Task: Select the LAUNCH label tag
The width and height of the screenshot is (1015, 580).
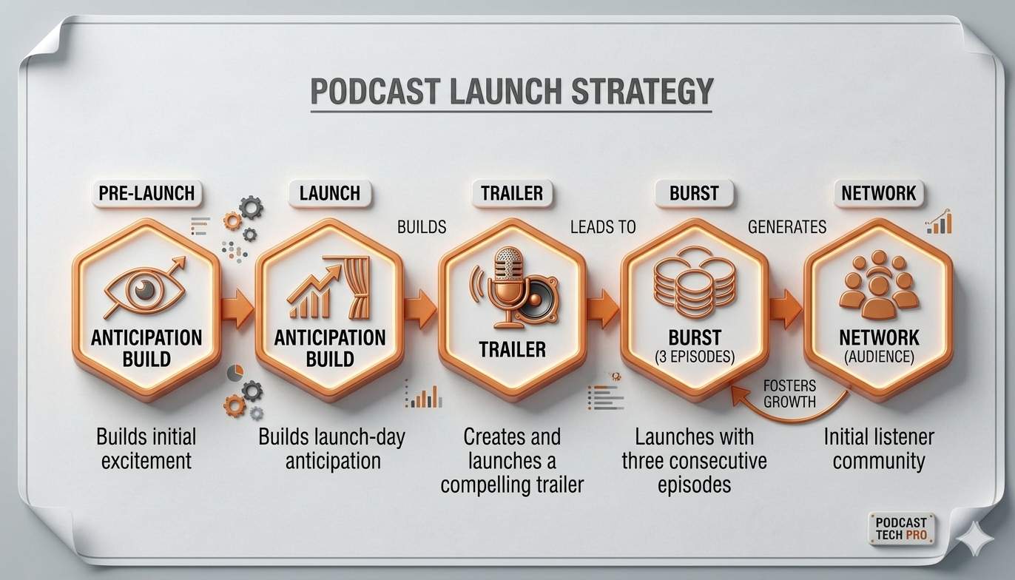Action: click(329, 194)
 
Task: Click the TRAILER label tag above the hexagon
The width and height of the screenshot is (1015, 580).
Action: click(512, 194)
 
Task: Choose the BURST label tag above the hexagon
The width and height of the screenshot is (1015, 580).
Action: click(694, 194)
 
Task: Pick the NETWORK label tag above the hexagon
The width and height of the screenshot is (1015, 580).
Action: click(879, 194)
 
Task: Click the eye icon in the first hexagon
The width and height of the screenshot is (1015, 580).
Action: click(146, 289)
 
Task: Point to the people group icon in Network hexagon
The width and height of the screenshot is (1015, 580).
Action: click(879, 285)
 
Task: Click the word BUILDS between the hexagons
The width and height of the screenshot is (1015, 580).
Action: click(422, 227)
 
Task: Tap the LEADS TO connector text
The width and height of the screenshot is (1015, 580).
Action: click(603, 227)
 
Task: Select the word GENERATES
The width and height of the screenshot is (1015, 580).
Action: click(787, 227)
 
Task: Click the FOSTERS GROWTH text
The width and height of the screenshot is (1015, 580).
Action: click(789, 394)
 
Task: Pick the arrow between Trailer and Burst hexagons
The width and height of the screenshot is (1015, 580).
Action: click(603, 308)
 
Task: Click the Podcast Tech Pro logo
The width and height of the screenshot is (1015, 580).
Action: click(900, 527)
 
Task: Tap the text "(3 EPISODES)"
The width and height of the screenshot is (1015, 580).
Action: click(694, 357)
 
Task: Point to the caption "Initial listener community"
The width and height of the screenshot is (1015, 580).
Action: click(879, 449)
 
